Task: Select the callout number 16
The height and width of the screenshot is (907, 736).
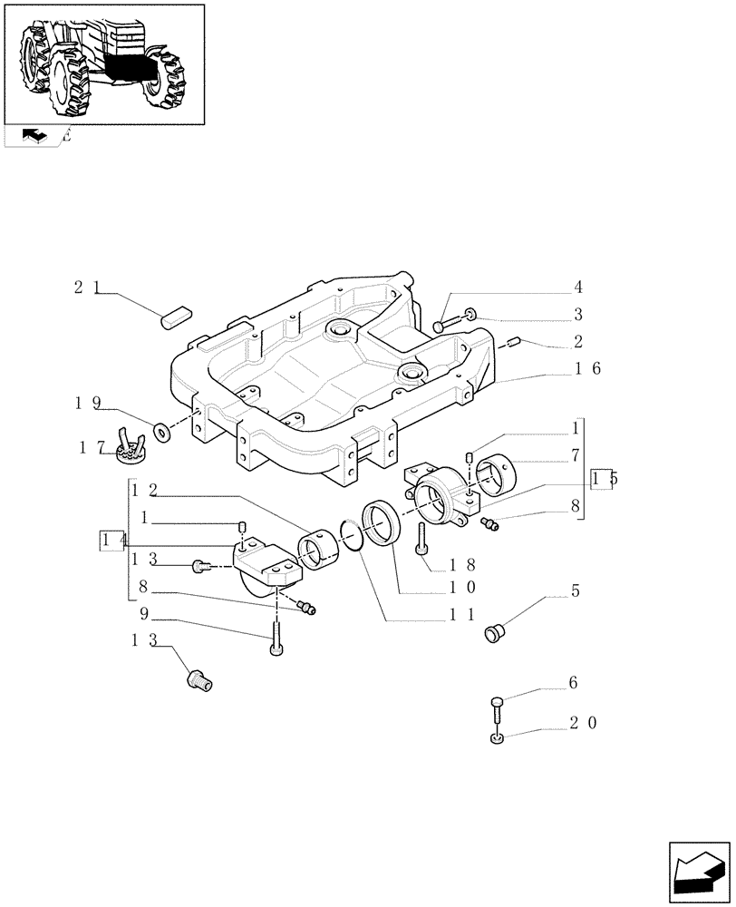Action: tap(586, 369)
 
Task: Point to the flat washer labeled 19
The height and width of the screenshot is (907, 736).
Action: tap(162, 430)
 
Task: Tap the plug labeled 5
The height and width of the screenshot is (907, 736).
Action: tap(495, 631)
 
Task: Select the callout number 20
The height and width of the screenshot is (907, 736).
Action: tap(586, 723)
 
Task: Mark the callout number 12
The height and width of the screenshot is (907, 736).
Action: tap(144, 491)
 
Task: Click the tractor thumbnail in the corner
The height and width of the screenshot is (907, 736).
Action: tap(104, 63)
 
